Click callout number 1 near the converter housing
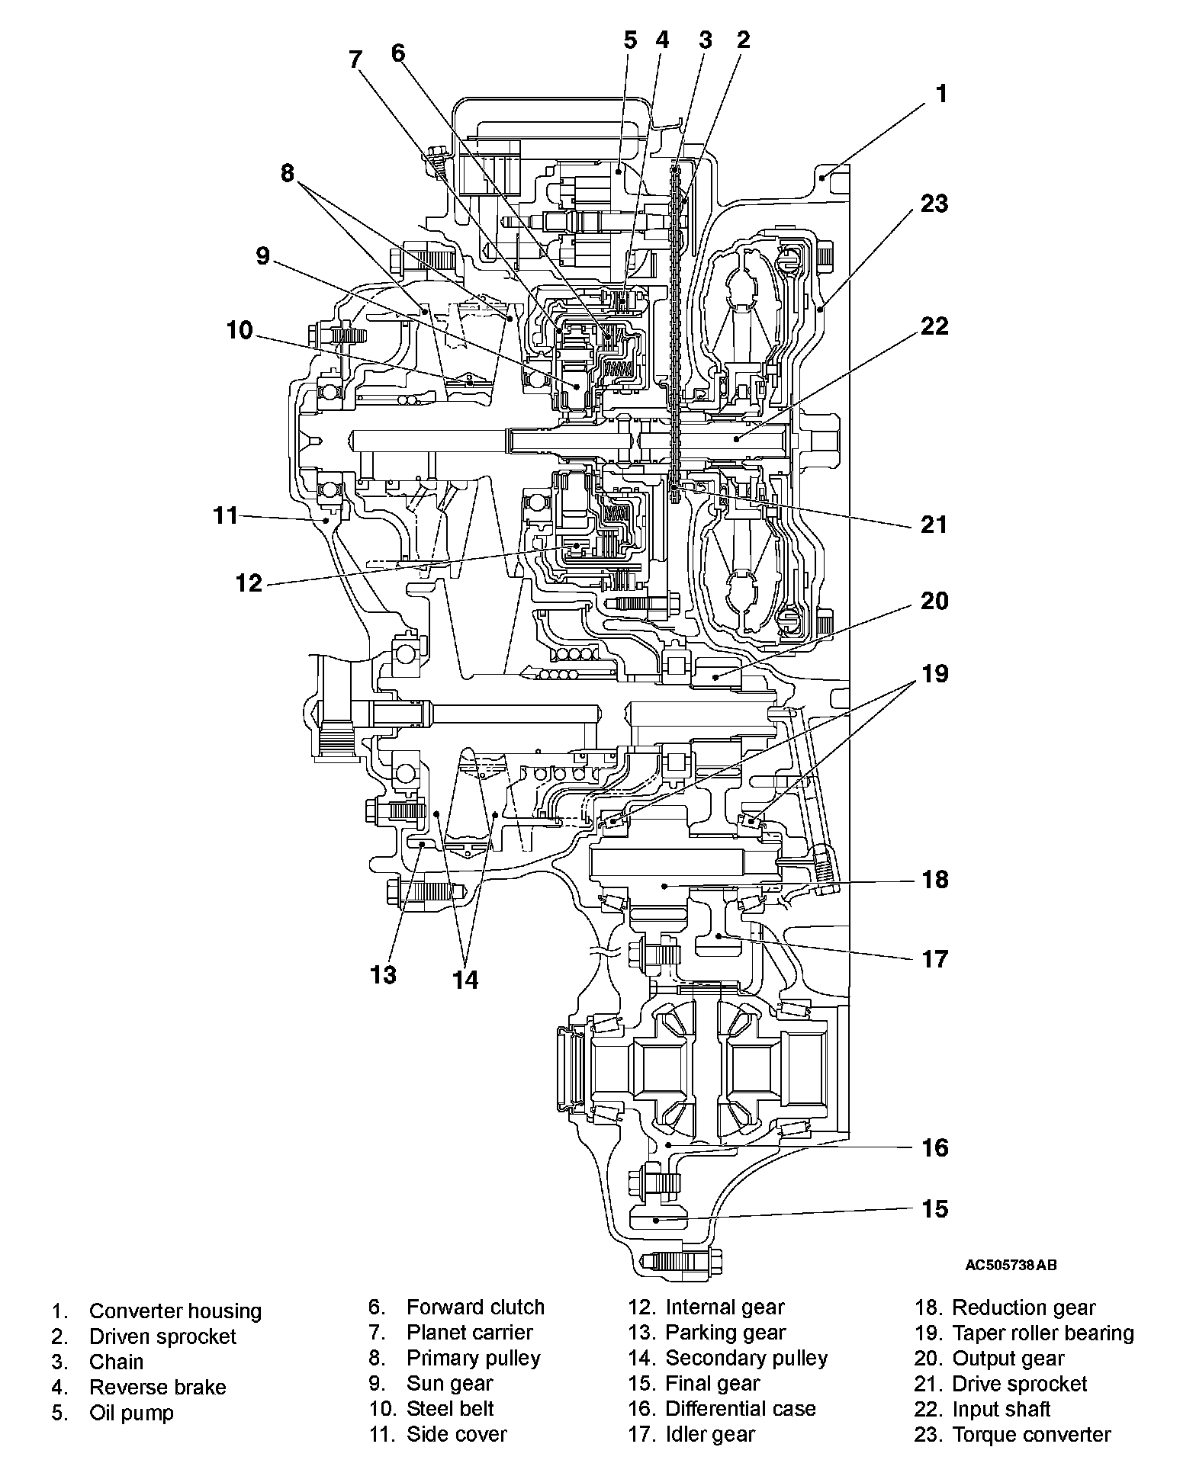(x=942, y=94)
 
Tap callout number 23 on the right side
(x=934, y=204)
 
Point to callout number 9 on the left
(x=263, y=256)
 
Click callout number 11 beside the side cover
(x=226, y=516)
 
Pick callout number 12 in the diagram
(x=249, y=583)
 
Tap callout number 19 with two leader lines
(x=934, y=674)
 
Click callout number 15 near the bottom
(x=934, y=1209)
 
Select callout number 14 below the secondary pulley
(x=465, y=980)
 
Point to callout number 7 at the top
(x=355, y=59)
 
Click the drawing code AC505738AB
(x=1011, y=1266)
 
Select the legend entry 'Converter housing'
(x=175, y=1311)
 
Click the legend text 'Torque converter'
(x=1031, y=1435)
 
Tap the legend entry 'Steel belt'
(x=450, y=1409)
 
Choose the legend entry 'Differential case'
(x=741, y=1409)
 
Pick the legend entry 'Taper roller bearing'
(x=1043, y=1333)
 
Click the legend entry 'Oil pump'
(x=131, y=1413)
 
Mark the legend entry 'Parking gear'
(x=725, y=1333)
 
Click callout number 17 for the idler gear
(x=934, y=959)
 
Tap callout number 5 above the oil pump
(x=630, y=40)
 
